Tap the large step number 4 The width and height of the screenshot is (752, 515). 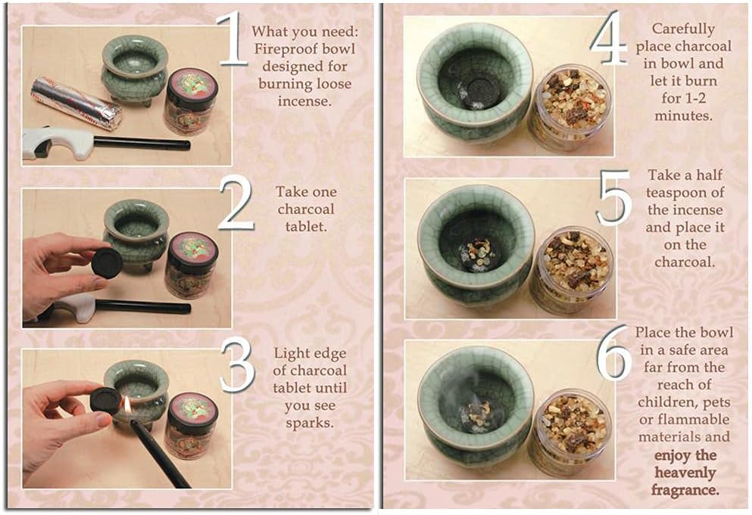609,39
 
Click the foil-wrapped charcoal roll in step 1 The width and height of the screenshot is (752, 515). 76,103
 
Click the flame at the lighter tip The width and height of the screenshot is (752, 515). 127,406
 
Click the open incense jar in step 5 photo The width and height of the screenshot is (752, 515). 573,269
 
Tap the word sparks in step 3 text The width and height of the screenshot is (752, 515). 309,423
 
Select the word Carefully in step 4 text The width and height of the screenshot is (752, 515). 683,29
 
